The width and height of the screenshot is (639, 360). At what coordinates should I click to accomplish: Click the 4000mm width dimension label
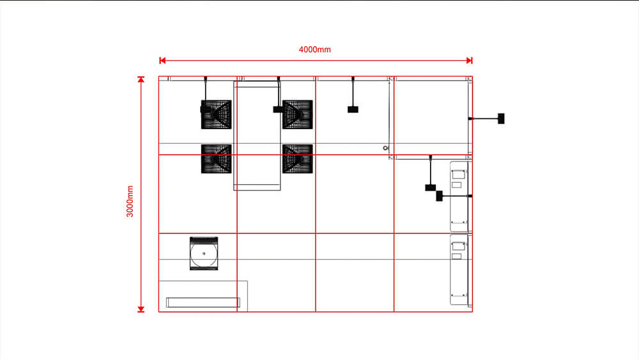coord(315,49)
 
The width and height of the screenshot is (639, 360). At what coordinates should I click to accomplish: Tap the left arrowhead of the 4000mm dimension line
coord(162,60)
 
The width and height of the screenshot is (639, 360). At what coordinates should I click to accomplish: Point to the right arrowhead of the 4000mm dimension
coord(470,60)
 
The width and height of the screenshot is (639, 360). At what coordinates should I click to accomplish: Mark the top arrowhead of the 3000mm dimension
coord(141,80)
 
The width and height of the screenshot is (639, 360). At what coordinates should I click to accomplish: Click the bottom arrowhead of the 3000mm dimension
coord(141,309)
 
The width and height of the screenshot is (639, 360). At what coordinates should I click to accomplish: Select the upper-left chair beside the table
coord(217,114)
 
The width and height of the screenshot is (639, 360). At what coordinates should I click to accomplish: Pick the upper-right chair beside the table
coord(297,114)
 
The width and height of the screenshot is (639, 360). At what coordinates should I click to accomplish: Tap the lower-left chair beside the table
coord(217,159)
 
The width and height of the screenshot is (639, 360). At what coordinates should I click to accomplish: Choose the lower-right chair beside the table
coord(297,159)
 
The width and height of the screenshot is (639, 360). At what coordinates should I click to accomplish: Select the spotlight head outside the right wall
coord(502,118)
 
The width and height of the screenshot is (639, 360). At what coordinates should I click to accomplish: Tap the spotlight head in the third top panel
coord(353,109)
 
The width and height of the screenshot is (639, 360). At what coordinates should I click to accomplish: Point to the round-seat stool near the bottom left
coord(204,253)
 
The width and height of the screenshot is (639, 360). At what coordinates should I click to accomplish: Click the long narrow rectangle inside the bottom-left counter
coord(203,302)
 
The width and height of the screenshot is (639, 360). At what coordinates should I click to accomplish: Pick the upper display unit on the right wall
coord(459,196)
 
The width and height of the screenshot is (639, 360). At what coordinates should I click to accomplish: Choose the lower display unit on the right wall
coord(459,269)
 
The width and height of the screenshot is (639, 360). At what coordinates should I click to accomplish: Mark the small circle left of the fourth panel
coord(385,148)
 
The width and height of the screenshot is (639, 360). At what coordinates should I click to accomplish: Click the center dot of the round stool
coord(204,254)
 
